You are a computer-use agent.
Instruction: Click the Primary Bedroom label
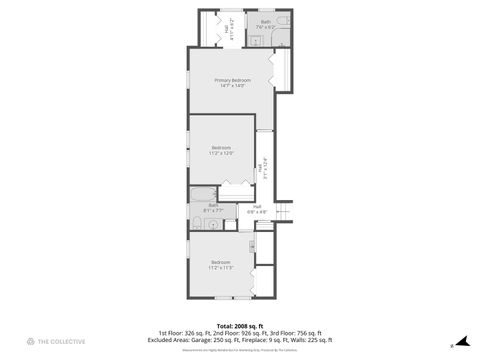click(232, 80)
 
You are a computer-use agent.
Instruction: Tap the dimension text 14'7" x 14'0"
click(232, 86)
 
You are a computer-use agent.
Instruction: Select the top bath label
click(266, 21)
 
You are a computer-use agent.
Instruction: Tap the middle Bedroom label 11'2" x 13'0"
click(221, 150)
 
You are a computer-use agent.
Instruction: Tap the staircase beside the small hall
click(283, 212)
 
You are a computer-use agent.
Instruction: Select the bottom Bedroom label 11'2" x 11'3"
click(220, 265)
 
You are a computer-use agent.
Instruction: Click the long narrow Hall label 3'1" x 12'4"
click(263, 170)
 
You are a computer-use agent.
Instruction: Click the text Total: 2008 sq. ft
click(240, 325)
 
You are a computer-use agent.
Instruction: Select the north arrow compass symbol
click(462, 341)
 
